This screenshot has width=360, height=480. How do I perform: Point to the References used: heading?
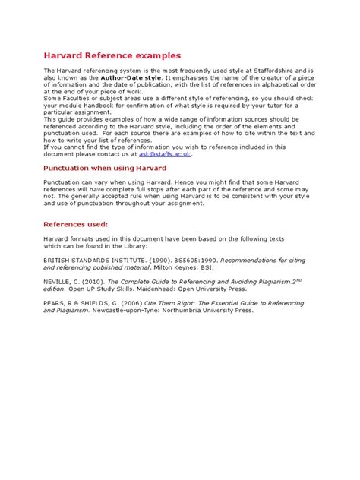pos(75,224)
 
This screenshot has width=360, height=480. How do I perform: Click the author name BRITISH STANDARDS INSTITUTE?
pos(87,259)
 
